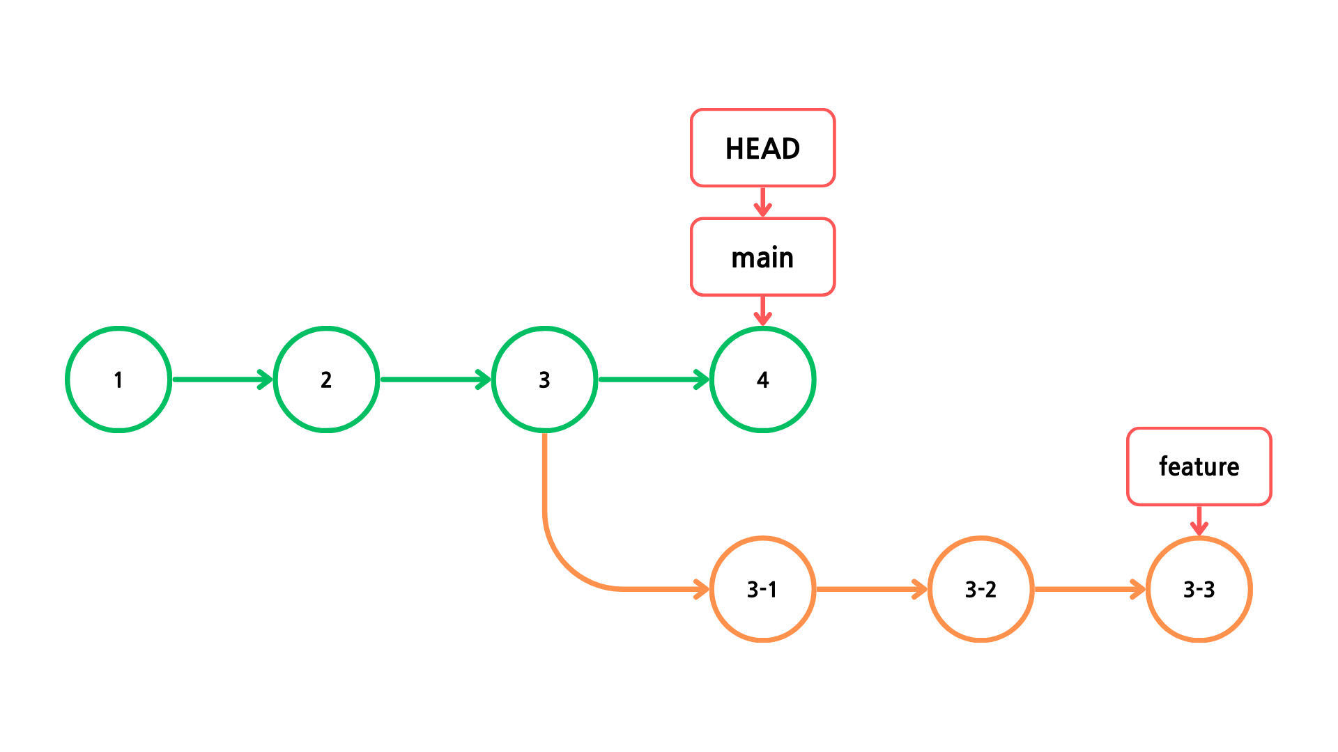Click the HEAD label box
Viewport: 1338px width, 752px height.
tap(762, 148)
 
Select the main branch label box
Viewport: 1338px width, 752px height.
tap(762, 257)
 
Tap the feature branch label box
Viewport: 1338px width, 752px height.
tap(1199, 467)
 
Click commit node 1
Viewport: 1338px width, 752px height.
tap(118, 379)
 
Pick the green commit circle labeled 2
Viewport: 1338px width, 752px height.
tap(326, 379)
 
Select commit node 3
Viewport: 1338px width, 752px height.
tap(544, 379)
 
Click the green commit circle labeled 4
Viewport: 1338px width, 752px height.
tap(762, 379)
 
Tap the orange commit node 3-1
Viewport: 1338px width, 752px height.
tap(762, 589)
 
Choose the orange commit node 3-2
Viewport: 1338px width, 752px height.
tap(981, 589)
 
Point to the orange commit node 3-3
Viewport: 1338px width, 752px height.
tap(1199, 589)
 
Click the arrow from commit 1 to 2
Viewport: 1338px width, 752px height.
tap(222, 379)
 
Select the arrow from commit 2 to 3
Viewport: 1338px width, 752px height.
tap(435, 379)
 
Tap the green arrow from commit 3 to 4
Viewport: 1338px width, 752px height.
tap(652, 379)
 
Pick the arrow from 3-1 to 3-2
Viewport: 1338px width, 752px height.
tap(871, 589)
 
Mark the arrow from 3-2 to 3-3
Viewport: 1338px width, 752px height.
tap(1089, 589)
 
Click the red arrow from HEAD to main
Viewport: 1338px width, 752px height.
tap(762, 202)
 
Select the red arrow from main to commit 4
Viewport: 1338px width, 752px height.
tap(762, 311)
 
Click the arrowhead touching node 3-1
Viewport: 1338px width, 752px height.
tap(702, 589)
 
